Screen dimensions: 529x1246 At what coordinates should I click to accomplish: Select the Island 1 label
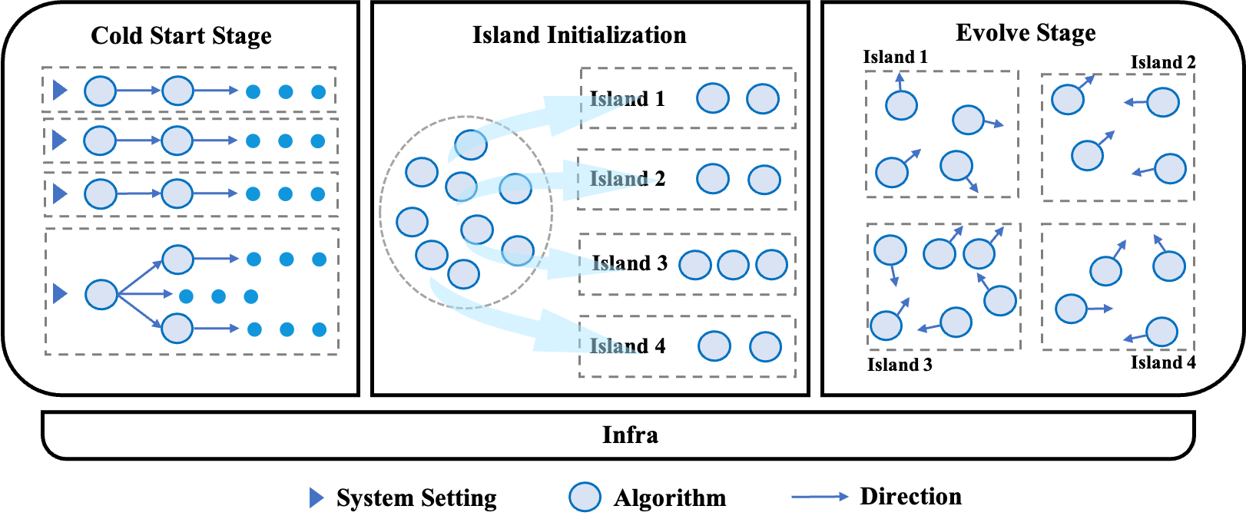click(x=627, y=99)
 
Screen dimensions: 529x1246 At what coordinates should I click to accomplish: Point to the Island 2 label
click(x=627, y=179)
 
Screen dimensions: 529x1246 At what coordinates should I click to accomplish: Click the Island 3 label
click(x=629, y=263)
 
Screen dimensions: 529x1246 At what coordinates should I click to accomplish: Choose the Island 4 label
click(x=627, y=346)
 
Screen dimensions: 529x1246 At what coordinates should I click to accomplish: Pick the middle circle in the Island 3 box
click(x=733, y=265)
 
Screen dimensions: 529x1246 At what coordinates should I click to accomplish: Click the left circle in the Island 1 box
click(x=713, y=98)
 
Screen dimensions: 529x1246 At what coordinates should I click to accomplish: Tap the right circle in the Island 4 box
click(x=765, y=346)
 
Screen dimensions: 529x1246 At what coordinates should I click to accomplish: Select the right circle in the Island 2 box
click(x=764, y=180)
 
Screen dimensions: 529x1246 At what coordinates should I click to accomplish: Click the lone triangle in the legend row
click(x=316, y=498)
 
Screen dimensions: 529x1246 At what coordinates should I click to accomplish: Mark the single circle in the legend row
click(x=585, y=497)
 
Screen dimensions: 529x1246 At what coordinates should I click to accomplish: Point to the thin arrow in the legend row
click(x=820, y=497)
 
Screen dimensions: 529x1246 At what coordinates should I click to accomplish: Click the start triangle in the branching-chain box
click(x=60, y=293)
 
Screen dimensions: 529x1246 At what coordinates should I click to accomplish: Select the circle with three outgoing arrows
click(x=101, y=294)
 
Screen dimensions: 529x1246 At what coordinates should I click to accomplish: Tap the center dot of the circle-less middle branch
click(x=218, y=296)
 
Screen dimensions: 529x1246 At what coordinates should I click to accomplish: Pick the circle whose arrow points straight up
click(x=901, y=104)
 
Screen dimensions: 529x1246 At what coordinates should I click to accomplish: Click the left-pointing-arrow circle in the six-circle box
click(x=956, y=322)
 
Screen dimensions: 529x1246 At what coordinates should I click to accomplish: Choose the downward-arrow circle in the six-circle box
click(x=890, y=250)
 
